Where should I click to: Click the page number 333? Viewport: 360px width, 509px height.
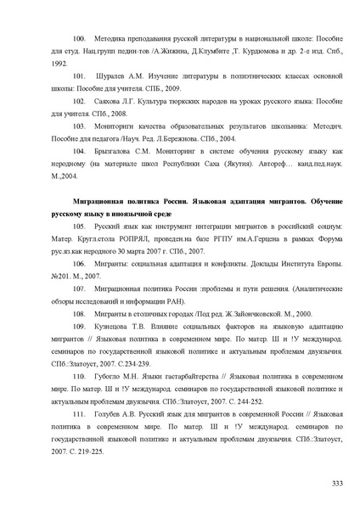click(337, 484)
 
